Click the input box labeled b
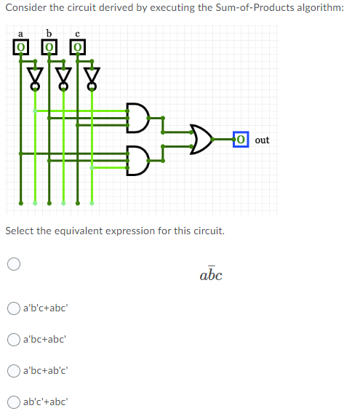pos(49,47)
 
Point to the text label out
pos(262,140)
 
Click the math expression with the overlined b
pos(210,275)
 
